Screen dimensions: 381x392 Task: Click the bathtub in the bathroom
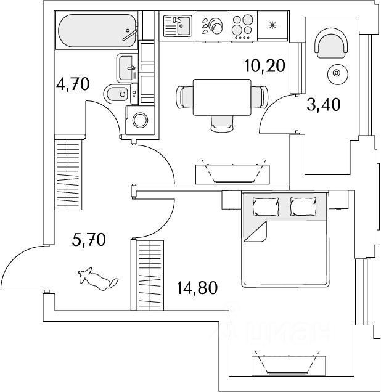coord(97,30)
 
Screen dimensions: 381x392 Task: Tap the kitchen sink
coord(178,26)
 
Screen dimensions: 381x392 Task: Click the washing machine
coord(140,120)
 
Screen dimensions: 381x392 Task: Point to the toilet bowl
coord(120,94)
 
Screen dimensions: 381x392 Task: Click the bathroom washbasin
coord(127,68)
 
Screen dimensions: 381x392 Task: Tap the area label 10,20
coord(265,66)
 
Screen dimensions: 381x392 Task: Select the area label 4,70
coord(73,84)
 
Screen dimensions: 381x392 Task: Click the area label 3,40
coord(324,104)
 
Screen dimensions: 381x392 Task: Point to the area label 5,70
coord(89,239)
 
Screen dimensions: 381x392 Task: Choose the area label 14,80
coord(197,287)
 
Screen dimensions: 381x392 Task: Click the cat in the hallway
coord(97,279)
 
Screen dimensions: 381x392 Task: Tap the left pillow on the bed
coord(266,206)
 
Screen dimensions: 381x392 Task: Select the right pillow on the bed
coord(303,206)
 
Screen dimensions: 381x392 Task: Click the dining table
coord(222,97)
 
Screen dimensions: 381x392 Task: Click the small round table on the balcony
coord(337,73)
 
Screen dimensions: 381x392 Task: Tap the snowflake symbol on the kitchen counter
coord(272,25)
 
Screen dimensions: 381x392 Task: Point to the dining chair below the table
coord(223,123)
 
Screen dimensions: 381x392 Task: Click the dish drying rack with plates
coord(212,26)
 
